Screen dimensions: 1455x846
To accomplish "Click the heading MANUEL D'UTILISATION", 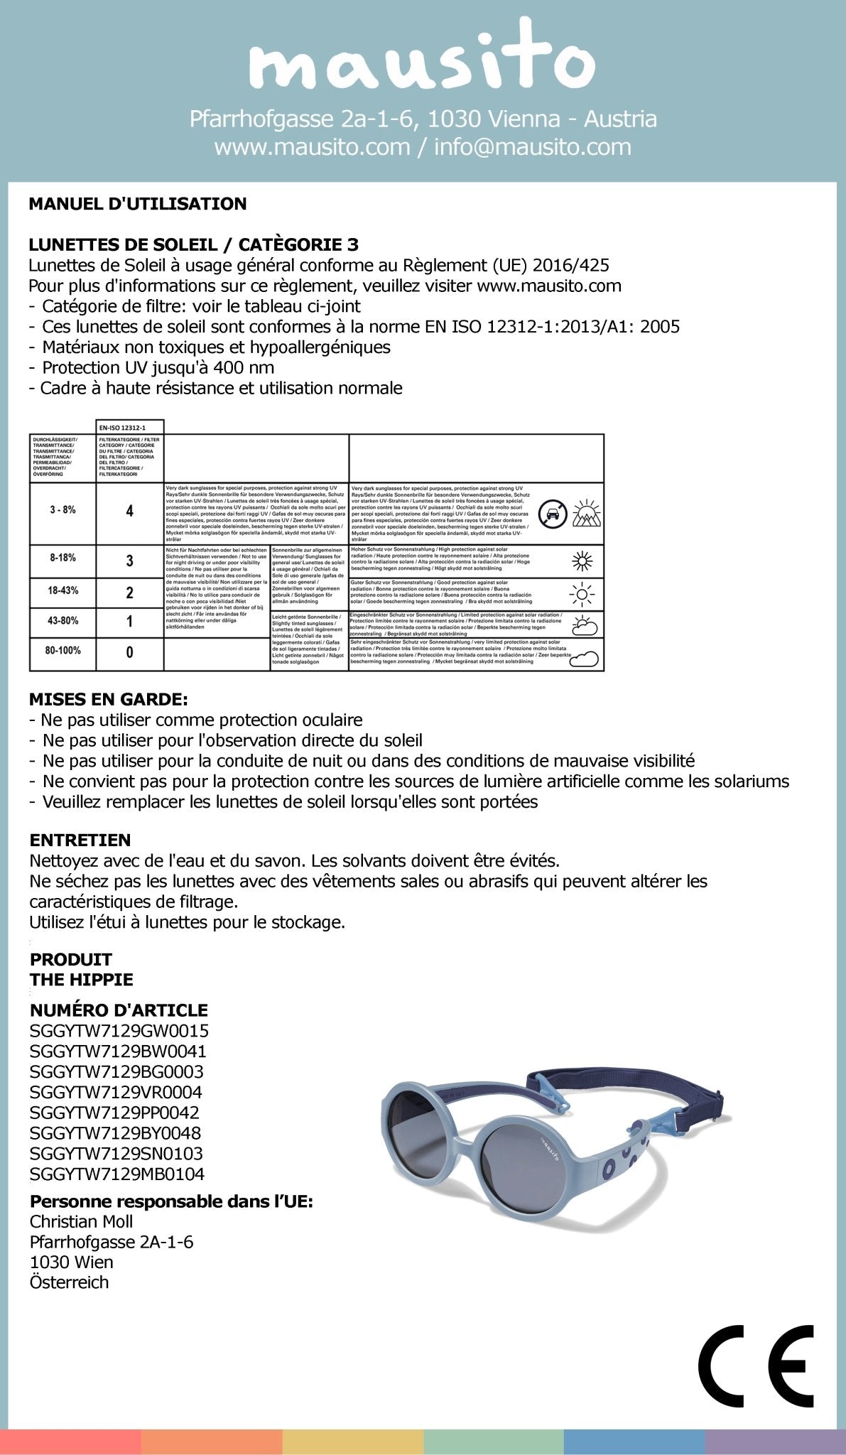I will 138,204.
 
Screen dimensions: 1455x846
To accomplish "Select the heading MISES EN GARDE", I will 109,699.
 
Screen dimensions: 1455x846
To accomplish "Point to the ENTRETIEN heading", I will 80,840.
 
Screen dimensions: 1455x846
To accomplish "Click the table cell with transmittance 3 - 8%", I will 63,510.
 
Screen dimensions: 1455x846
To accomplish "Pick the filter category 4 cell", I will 129,511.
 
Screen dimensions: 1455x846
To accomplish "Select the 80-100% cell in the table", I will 63,650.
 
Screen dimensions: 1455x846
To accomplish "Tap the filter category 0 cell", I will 129,651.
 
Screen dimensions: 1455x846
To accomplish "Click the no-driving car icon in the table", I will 553,513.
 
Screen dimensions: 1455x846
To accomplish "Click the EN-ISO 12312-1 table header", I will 129,426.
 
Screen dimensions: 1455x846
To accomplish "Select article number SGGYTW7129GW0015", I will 119,1030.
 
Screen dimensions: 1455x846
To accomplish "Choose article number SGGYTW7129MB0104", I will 117,1174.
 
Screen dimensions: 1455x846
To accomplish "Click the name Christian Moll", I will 82,1221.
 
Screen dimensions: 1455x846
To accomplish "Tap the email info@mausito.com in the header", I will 532,147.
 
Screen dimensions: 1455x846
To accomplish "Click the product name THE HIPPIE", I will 82,979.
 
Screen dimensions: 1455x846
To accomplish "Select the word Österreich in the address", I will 70,1282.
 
